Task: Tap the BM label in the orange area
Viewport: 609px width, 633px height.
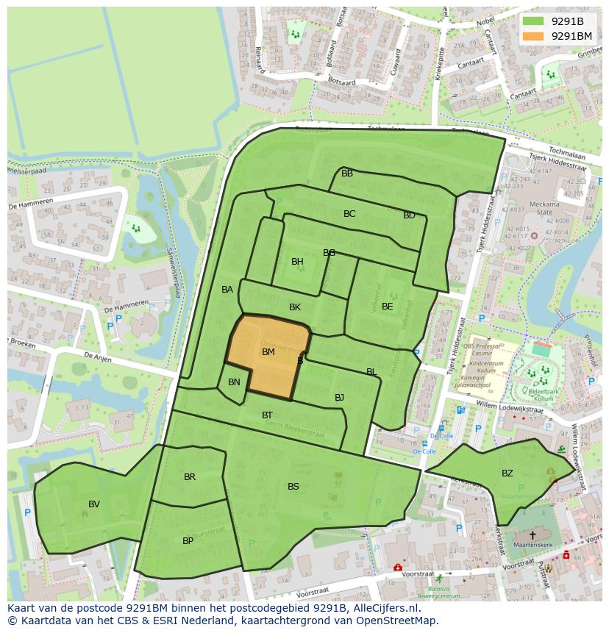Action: [268, 352]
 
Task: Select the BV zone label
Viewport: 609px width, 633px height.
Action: [94, 504]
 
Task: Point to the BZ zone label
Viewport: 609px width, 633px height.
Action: [508, 473]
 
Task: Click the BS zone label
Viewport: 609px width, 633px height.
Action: [293, 487]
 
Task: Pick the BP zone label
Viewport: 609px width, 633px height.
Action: [188, 540]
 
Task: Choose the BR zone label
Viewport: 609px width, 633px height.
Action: [190, 477]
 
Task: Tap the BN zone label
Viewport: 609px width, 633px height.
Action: [234, 382]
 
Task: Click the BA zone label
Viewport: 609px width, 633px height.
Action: [227, 290]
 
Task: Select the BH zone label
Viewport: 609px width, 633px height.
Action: [297, 262]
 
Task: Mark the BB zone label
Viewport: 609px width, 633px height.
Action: [347, 174]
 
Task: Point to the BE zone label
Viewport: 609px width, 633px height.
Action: [387, 306]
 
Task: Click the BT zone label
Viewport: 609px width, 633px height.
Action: [267, 415]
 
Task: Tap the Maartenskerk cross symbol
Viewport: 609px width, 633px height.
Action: [533, 535]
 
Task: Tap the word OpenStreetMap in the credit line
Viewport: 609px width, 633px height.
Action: [397, 621]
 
